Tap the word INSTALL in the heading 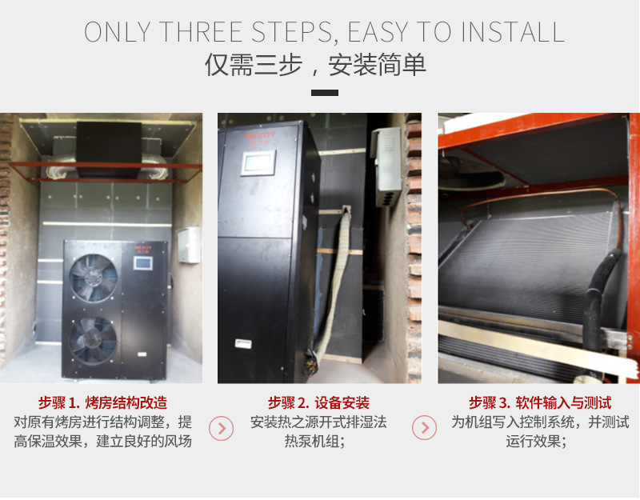point(513,32)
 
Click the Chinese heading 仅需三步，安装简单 point(315,65)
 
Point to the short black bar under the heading point(325,93)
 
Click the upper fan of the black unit point(94,278)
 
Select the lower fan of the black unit point(93,340)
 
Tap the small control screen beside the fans point(143,263)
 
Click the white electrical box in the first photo point(189,245)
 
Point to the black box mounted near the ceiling point(109,149)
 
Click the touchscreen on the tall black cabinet point(258,163)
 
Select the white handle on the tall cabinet point(243,344)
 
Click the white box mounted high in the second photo point(386,166)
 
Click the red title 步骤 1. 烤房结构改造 point(103,403)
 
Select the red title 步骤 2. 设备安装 point(318,403)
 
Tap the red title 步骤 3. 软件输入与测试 point(540,403)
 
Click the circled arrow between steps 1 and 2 point(222,428)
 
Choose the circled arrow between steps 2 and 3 point(425,427)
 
